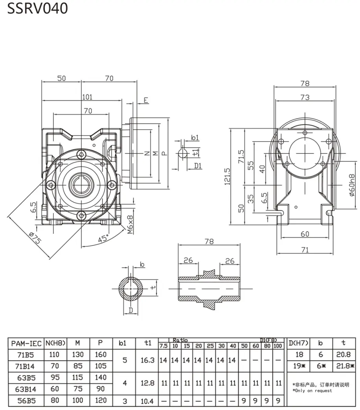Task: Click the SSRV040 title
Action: click(x=38, y=8)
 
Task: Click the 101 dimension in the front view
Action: click(x=87, y=97)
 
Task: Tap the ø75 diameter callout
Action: click(x=35, y=238)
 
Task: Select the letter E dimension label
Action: click(x=145, y=100)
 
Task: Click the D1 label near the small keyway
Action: click(x=198, y=165)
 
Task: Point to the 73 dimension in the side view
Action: click(x=305, y=97)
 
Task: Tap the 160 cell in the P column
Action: click(x=101, y=354)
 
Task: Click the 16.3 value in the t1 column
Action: click(x=147, y=360)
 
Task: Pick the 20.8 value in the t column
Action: click(x=343, y=354)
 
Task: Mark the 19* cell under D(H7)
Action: click(x=299, y=366)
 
